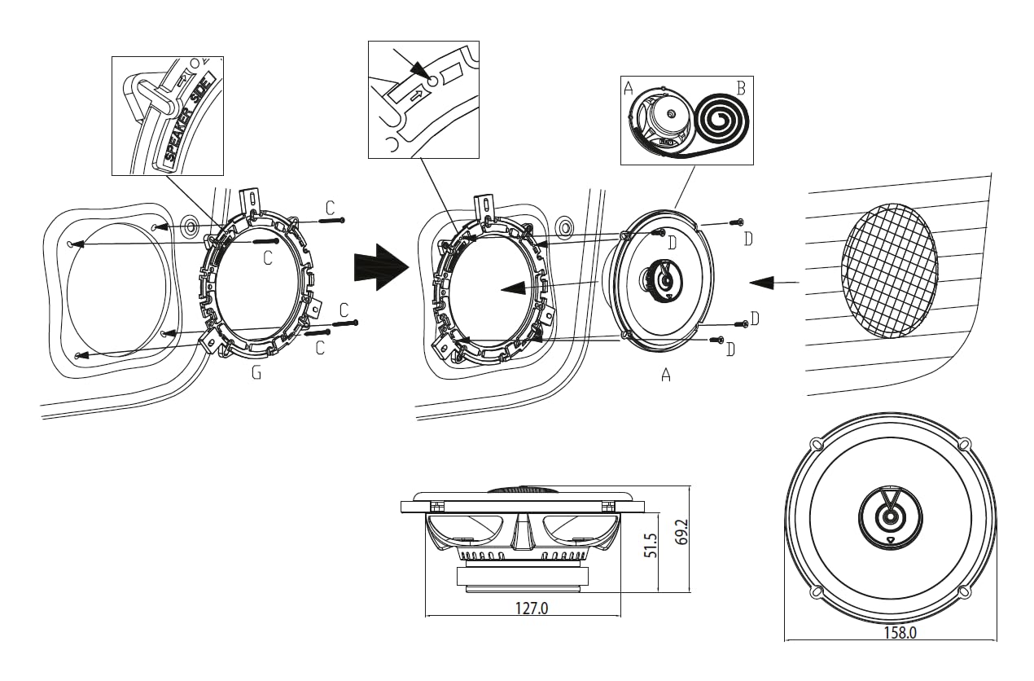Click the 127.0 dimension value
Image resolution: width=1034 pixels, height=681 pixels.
[x=532, y=608]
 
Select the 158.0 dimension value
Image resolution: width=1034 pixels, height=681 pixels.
[x=900, y=632]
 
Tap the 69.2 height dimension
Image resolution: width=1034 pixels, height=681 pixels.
[x=681, y=532]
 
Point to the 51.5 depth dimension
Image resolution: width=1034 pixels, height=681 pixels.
[x=650, y=545]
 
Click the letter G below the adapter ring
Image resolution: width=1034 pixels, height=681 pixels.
[x=256, y=372]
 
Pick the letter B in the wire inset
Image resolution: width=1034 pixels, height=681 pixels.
[x=742, y=88]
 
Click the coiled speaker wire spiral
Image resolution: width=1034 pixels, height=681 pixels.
[x=722, y=119]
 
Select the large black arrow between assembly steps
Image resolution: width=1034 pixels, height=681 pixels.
[x=381, y=267]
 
